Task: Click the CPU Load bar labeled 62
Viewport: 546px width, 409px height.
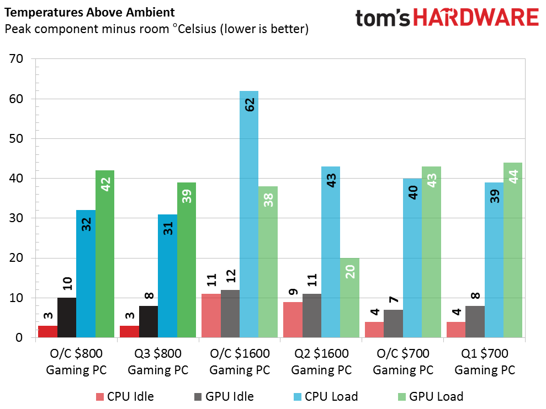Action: click(x=249, y=214)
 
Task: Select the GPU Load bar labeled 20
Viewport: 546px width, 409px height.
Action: click(x=349, y=298)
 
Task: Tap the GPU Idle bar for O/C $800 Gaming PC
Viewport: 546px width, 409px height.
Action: click(x=67, y=317)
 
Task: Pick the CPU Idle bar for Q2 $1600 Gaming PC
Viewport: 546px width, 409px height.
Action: click(x=293, y=320)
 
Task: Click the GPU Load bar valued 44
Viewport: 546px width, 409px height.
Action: click(x=513, y=250)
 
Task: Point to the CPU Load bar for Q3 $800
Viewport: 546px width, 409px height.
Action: click(x=167, y=276)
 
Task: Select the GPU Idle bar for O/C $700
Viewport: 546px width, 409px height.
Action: click(x=394, y=324)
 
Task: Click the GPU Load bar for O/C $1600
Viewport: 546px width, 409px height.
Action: click(x=268, y=262)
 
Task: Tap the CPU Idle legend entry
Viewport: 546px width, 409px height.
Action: click(x=125, y=396)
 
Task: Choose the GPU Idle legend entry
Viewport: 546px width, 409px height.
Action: click(x=224, y=396)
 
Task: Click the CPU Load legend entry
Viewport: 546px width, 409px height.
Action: click(x=326, y=396)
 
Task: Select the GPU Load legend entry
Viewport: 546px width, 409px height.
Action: click(x=431, y=396)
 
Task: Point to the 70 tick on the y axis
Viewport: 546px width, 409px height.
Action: click(x=17, y=59)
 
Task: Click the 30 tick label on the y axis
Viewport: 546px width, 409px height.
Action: click(x=17, y=218)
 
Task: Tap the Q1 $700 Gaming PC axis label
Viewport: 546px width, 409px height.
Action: click(x=485, y=362)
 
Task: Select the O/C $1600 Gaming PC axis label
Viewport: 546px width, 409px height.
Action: click(x=240, y=362)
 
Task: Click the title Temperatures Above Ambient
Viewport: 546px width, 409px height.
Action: click(x=89, y=13)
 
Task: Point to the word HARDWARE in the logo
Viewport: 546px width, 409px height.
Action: click(x=476, y=18)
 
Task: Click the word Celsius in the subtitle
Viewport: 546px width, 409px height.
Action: click(x=197, y=29)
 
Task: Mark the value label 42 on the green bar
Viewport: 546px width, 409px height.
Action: click(x=105, y=184)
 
